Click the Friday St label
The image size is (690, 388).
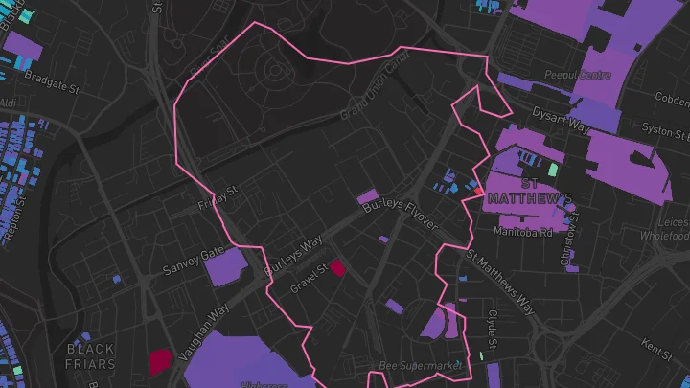tap(217, 198)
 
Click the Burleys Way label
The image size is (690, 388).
tap(294, 254)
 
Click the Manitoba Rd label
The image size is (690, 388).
tap(523, 232)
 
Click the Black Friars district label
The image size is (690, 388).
tap(90, 356)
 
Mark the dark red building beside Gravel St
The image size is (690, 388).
tap(337, 268)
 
